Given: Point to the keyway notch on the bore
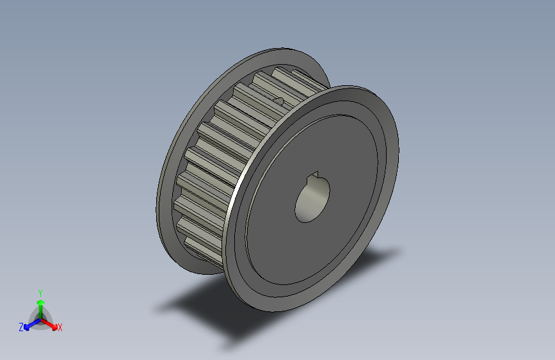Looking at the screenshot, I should pos(314,177).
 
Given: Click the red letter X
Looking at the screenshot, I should pos(60,327).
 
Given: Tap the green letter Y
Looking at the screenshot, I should pos(40,291).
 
